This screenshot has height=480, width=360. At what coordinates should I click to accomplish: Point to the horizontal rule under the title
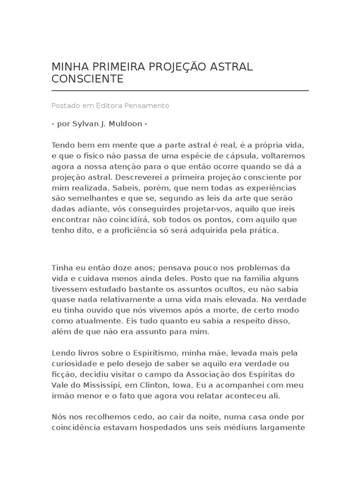180,90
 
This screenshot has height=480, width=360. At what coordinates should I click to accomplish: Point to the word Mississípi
102,385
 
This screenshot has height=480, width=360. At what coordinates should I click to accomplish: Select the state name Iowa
187,385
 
